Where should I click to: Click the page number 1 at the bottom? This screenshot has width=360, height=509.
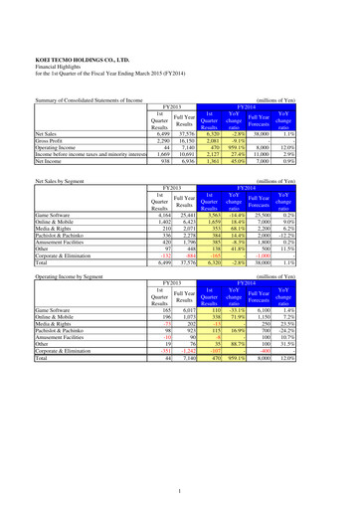tap(180, 490)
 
